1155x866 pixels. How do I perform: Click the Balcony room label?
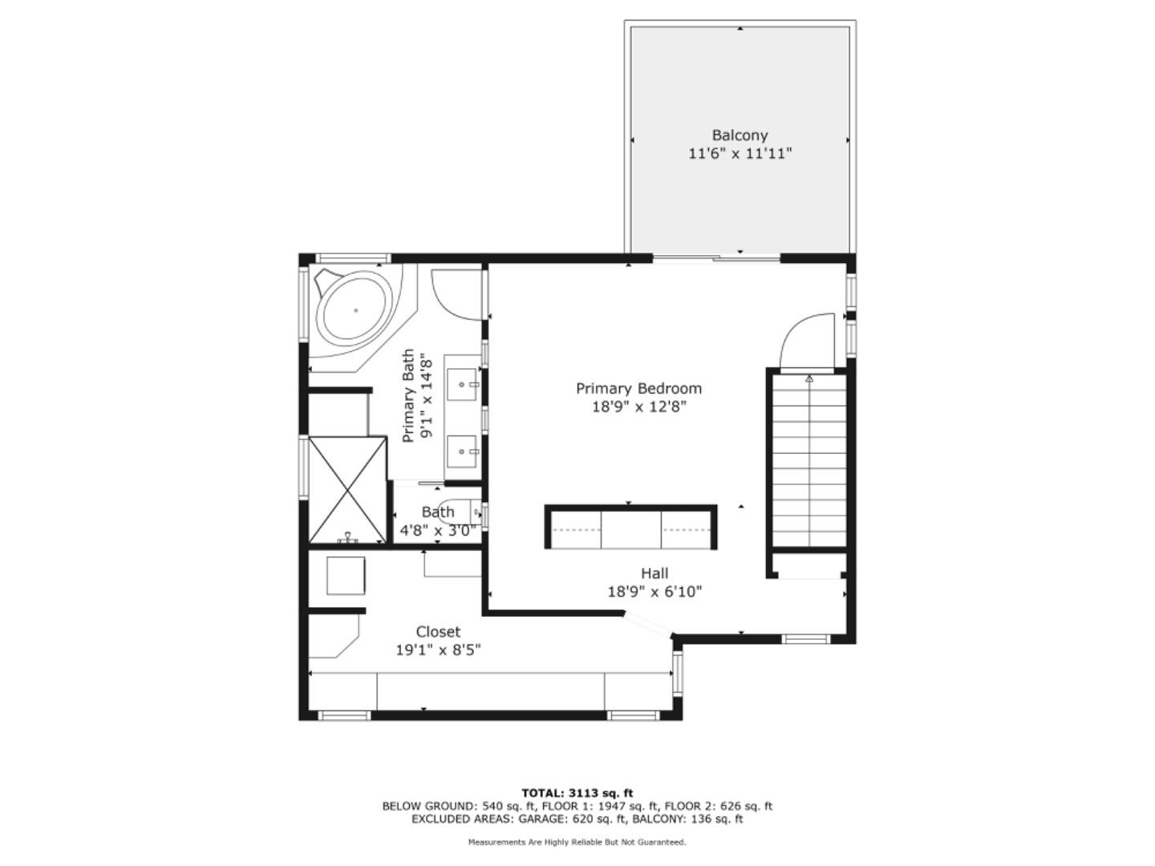[x=740, y=136]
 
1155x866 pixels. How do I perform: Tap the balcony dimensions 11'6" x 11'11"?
[x=740, y=154]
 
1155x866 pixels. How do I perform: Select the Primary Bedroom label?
[x=638, y=389]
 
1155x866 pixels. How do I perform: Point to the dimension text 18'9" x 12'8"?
[x=638, y=407]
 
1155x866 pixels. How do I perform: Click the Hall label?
[x=654, y=573]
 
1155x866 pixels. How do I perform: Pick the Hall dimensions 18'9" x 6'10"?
[x=654, y=592]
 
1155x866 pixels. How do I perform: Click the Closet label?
[x=438, y=632]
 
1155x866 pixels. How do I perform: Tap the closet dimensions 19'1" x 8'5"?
[x=438, y=650]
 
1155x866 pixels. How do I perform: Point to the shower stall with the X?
[x=346, y=489]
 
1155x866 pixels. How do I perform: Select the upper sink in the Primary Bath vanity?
[x=463, y=384]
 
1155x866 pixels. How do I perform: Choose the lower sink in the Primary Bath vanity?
[x=463, y=451]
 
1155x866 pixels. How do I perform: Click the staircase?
[x=808, y=460]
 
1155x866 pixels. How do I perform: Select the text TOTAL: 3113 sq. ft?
[x=577, y=794]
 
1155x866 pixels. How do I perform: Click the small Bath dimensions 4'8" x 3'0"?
[x=438, y=530]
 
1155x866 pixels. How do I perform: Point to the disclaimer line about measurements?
[x=577, y=842]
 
